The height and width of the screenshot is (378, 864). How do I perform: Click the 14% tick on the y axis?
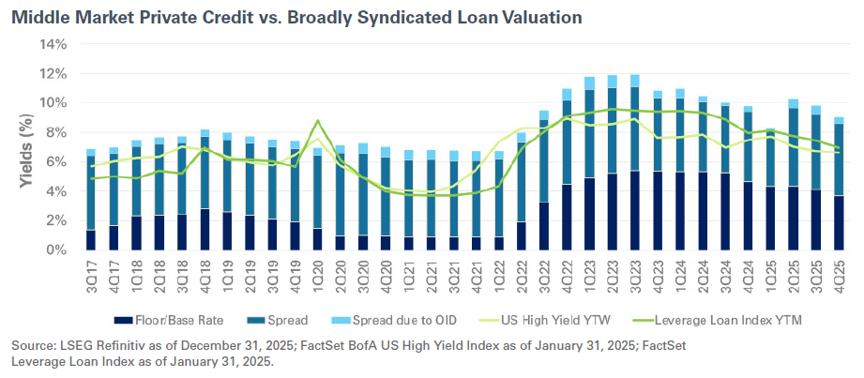(x=53, y=44)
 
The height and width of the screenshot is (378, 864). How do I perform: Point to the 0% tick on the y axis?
(x=55, y=250)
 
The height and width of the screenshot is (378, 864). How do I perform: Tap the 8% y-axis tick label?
(x=55, y=132)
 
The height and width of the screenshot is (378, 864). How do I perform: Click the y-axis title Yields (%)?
(x=24, y=147)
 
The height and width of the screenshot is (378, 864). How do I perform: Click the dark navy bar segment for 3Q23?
(x=635, y=211)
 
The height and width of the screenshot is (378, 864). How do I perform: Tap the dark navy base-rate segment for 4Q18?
(x=205, y=230)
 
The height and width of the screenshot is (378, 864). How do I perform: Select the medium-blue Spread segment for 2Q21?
(x=432, y=198)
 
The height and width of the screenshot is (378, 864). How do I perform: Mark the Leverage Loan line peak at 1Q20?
(x=318, y=120)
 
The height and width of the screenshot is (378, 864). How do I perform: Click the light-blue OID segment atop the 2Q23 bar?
(x=613, y=82)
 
